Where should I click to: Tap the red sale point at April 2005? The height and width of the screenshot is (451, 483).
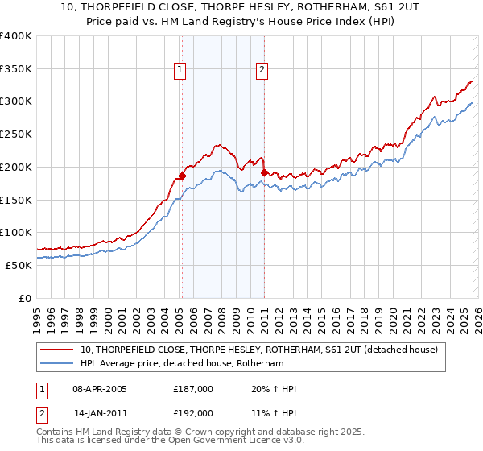[x=182, y=175]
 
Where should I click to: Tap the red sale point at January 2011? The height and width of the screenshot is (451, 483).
[x=264, y=172]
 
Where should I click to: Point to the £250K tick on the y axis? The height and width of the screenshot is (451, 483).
[x=16, y=134]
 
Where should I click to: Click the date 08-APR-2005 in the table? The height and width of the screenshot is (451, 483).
[x=99, y=389]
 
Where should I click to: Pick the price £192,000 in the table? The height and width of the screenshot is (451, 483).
[x=193, y=412]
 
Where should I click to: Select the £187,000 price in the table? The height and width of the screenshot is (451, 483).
[x=193, y=389]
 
